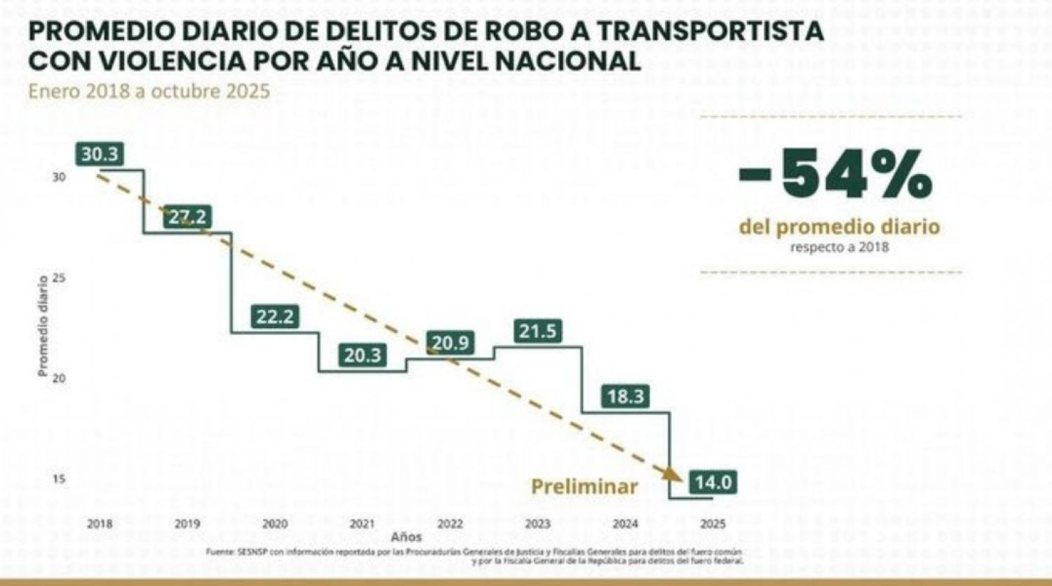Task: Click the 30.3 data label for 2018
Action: (100, 154)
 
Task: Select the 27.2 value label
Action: (187, 217)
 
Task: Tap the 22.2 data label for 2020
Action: (274, 317)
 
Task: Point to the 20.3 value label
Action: (362, 355)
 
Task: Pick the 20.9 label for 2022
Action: (450, 343)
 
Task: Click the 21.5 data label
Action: (538, 331)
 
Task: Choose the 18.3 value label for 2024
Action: (626, 397)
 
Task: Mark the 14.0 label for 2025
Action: (713, 482)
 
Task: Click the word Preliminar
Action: (584, 486)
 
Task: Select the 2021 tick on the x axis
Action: (362, 524)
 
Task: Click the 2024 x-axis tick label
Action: (625, 524)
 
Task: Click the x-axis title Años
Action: (407, 537)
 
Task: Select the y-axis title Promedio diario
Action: (43, 326)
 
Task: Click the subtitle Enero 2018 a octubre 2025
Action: (149, 92)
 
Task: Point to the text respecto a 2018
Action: (839, 247)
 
